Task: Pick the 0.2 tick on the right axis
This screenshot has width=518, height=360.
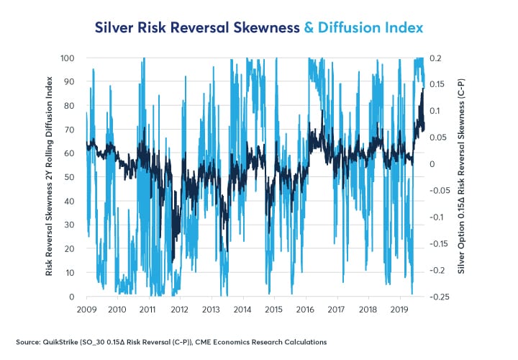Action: (x=437, y=58)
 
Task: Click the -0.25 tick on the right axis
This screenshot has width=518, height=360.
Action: (x=441, y=297)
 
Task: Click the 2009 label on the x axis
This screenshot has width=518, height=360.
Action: (x=86, y=309)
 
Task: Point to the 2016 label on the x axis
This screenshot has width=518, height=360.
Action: (x=306, y=309)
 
